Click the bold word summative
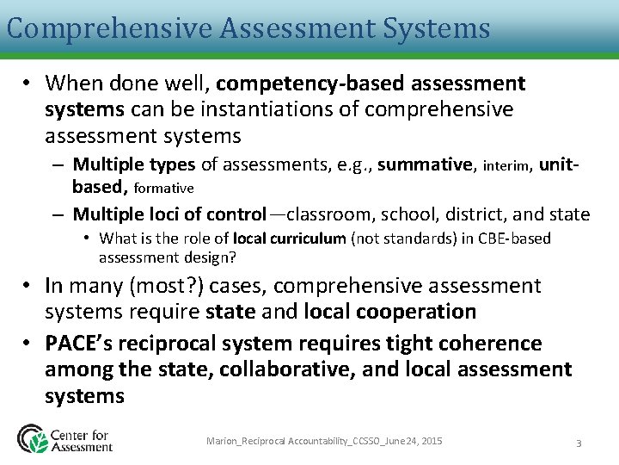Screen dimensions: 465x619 pyautogui.click(x=426, y=164)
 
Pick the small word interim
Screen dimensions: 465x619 pyautogui.click(x=507, y=165)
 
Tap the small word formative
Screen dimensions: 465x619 pyautogui.click(x=164, y=188)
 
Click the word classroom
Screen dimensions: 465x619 pyautogui.click(x=326, y=214)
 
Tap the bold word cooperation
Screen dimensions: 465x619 pyautogui.click(x=417, y=311)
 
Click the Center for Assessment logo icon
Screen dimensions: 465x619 pyautogui.click(x=33, y=438)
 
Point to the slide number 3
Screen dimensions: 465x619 pyautogui.click(x=579, y=443)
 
